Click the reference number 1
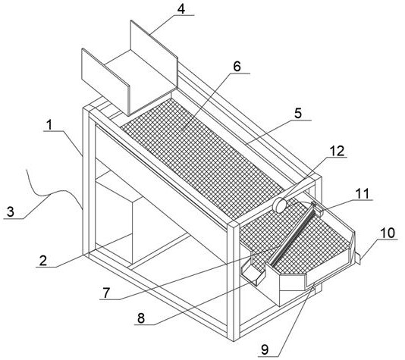pyautogui.click(x=49, y=125)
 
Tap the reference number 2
pyautogui.click(x=43, y=261)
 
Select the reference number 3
pyautogui.click(x=11, y=212)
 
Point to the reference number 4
pyautogui.click(x=181, y=9)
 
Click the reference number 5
pyautogui.click(x=298, y=113)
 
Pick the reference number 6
pyautogui.click(x=237, y=67)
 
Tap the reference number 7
pyautogui.click(x=106, y=293)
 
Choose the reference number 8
pyautogui.click(x=141, y=318)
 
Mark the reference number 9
pyautogui.click(x=265, y=350)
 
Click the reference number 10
pyautogui.click(x=388, y=233)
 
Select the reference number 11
pyautogui.click(x=363, y=193)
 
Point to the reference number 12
pyautogui.click(x=337, y=151)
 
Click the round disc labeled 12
pyautogui.click(x=279, y=205)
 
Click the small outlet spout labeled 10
pyautogui.click(x=357, y=258)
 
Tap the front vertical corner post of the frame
pyautogui.click(x=234, y=281)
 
